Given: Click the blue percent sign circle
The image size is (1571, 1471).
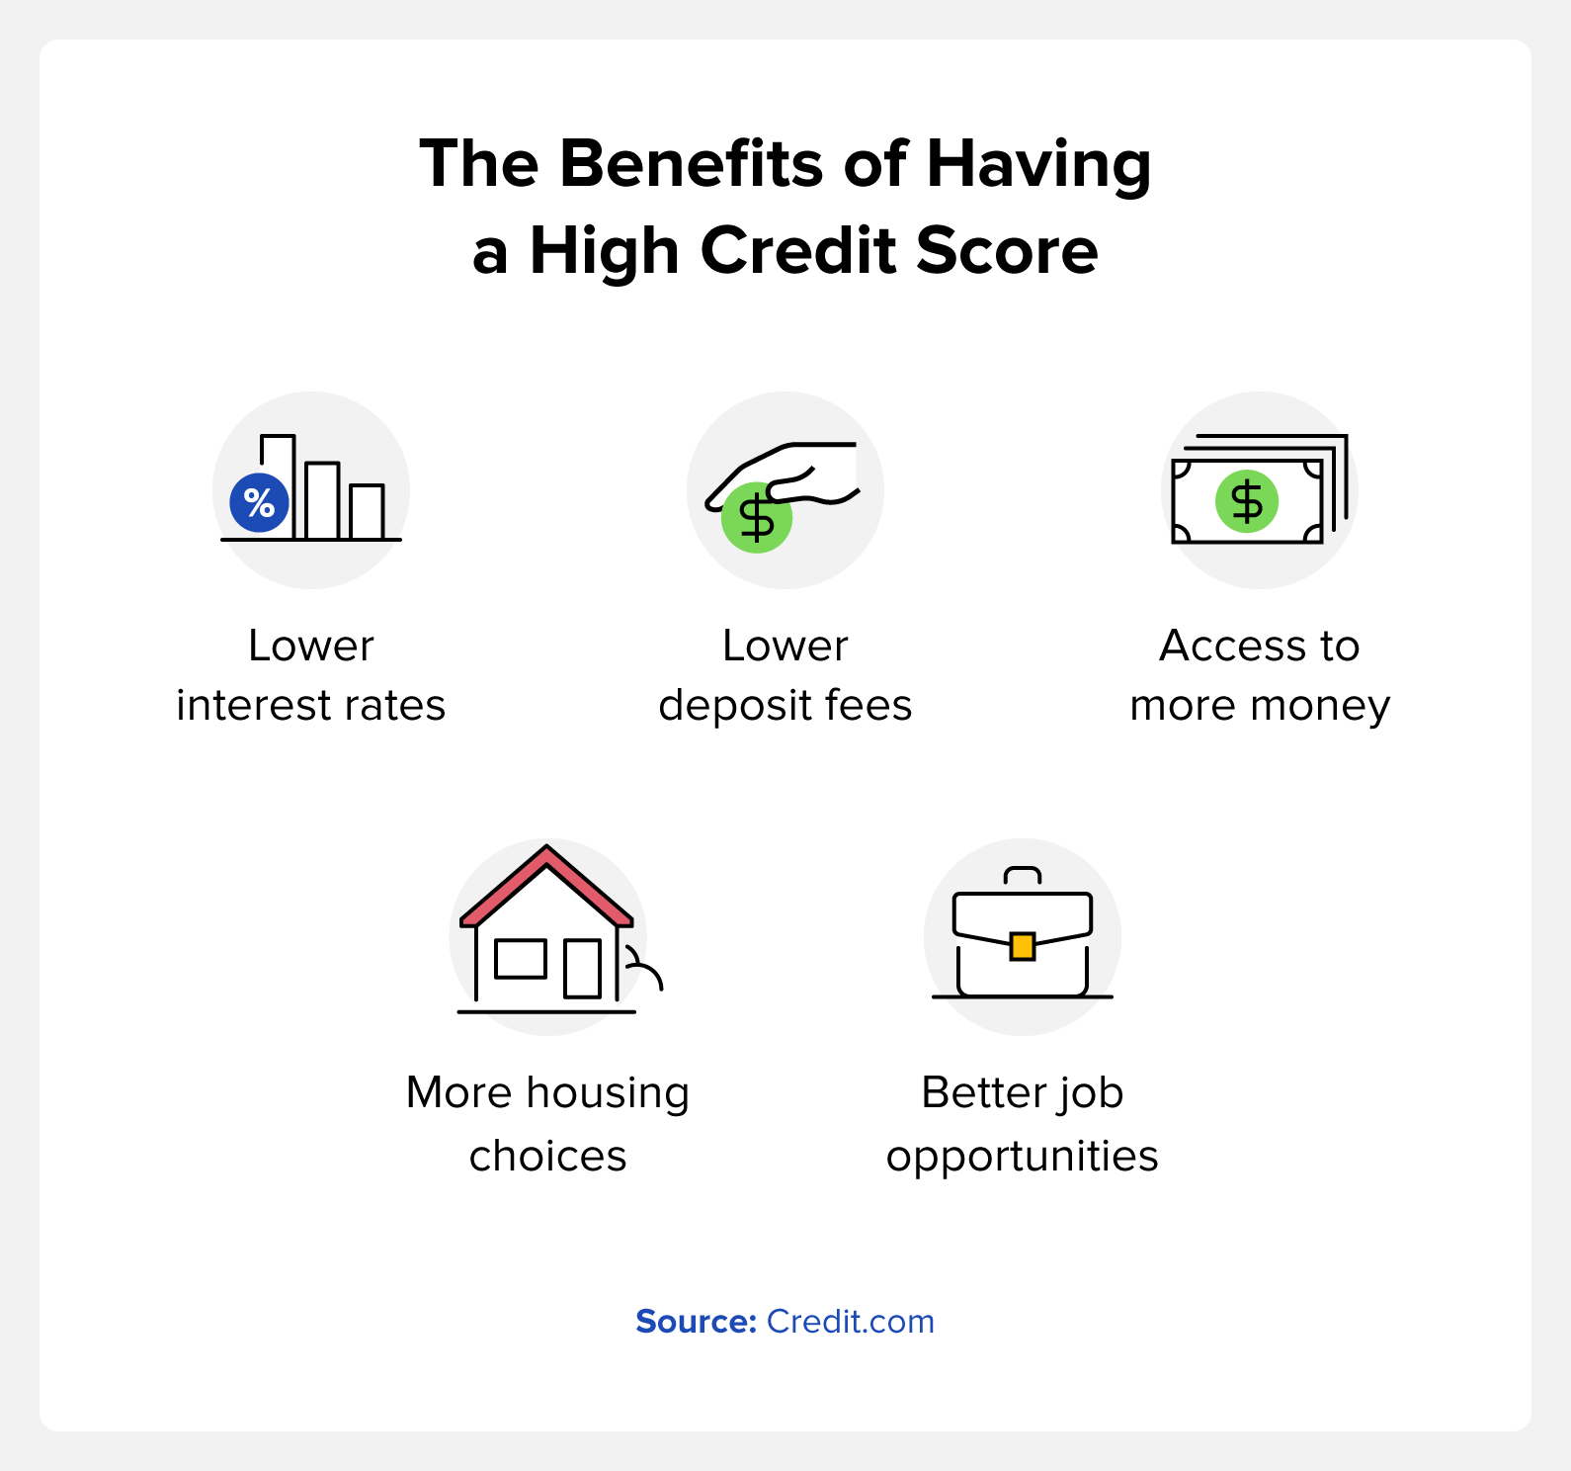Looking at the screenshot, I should tap(259, 503).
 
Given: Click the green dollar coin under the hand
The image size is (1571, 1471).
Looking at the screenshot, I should tap(756, 519).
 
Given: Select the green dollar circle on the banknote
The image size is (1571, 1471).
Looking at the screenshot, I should tap(1246, 501).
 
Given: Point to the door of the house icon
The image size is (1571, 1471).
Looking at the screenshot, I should tap(582, 969).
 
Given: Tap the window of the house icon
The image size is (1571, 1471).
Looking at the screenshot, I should tap(521, 959).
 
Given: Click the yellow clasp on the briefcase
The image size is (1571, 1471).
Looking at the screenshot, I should tap(1023, 947).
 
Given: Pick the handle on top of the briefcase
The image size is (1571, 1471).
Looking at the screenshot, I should tap(1023, 875).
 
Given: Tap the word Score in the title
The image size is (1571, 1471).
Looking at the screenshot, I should tap(1006, 250).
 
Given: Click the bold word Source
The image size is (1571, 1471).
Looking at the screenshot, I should tap(696, 1322).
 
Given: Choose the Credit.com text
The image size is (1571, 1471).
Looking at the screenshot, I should tap(850, 1322).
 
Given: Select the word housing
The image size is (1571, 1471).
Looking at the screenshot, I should tap(608, 1094).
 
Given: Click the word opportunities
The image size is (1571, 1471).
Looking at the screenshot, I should tap(1022, 1157).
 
